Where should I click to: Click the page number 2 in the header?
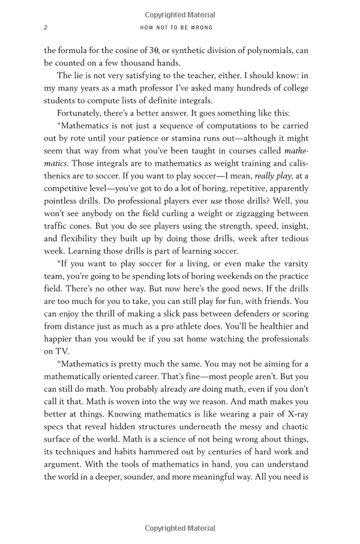(x=46, y=28)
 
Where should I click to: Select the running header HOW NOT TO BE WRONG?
(x=176, y=28)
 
